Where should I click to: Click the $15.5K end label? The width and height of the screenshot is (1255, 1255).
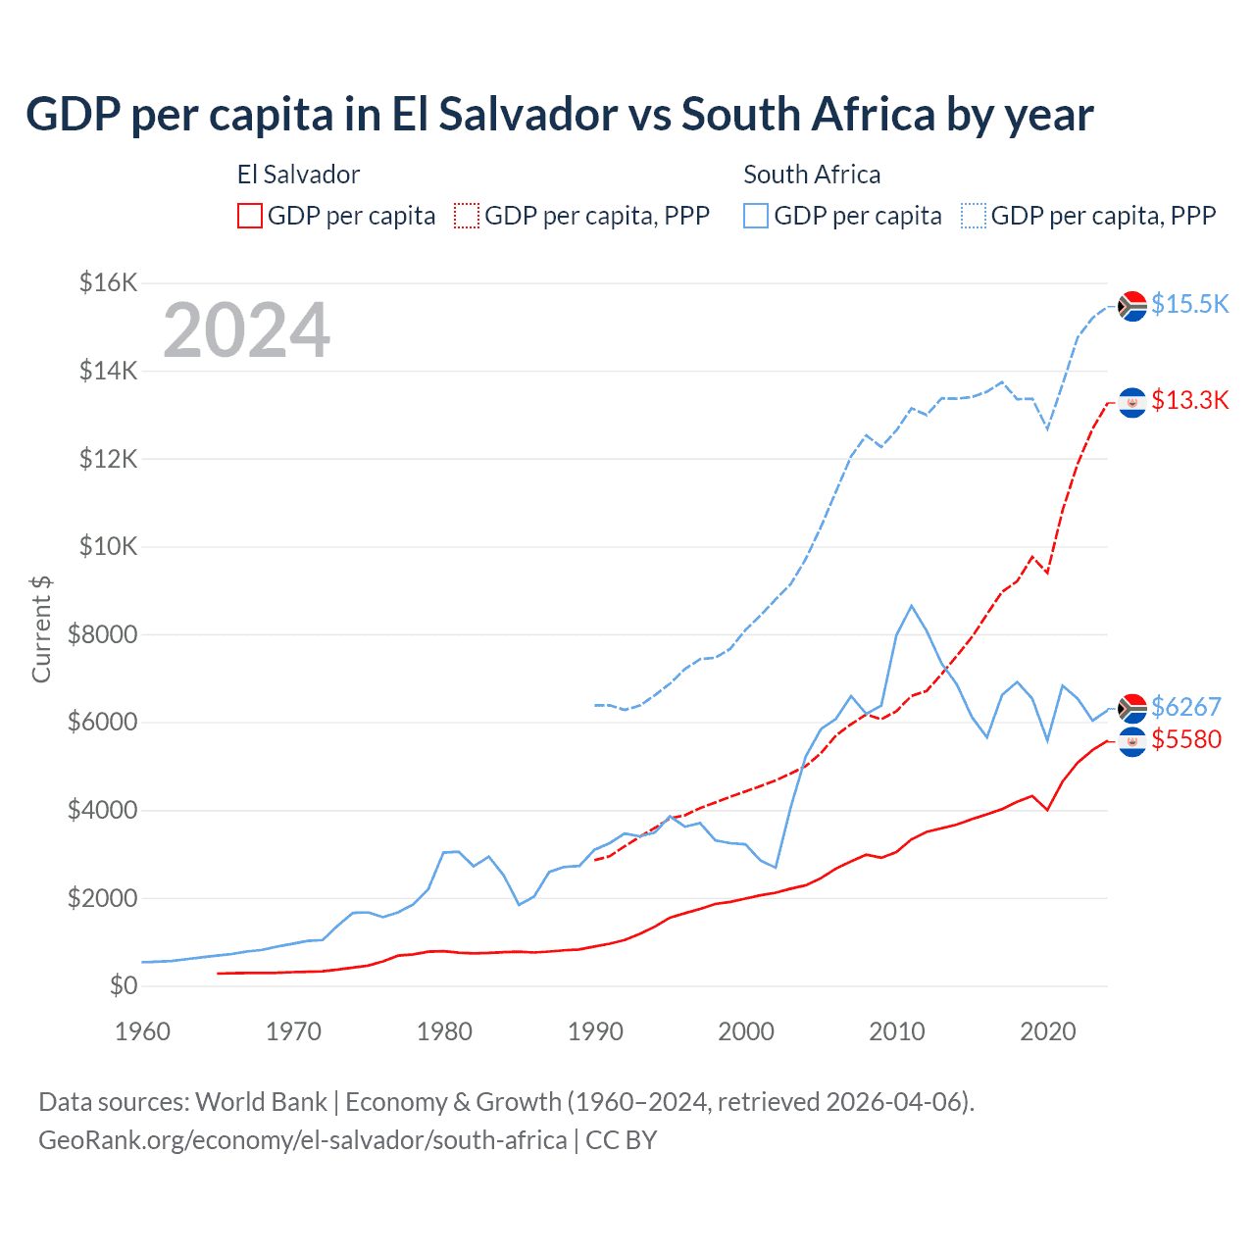(x=1189, y=304)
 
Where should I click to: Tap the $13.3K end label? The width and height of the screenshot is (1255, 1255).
(x=1189, y=400)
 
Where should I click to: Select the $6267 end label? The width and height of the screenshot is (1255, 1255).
(x=1185, y=707)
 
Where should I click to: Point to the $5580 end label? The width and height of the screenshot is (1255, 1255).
(x=1185, y=739)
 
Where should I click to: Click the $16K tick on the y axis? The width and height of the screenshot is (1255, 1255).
(x=108, y=283)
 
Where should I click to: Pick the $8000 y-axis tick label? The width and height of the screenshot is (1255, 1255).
(x=102, y=634)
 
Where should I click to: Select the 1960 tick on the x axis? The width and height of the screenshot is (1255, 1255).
(x=142, y=1031)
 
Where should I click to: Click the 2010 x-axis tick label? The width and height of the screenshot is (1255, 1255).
(x=897, y=1031)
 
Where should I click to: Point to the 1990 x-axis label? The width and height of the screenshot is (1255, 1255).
(x=595, y=1031)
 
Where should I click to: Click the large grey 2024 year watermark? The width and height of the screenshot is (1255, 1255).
(x=247, y=330)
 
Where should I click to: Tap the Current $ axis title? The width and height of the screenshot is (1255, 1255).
(x=41, y=628)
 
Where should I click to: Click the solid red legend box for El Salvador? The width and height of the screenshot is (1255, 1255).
(x=250, y=216)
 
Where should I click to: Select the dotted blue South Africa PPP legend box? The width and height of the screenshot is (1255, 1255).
(x=974, y=216)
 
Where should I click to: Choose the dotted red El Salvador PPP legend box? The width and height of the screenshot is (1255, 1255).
(x=467, y=216)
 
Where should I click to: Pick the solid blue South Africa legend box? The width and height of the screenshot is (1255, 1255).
(x=756, y=216)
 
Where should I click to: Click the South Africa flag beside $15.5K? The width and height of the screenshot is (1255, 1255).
(x=1132, y=306)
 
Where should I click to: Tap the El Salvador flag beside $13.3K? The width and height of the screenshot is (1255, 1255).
(x=1132, y=402)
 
